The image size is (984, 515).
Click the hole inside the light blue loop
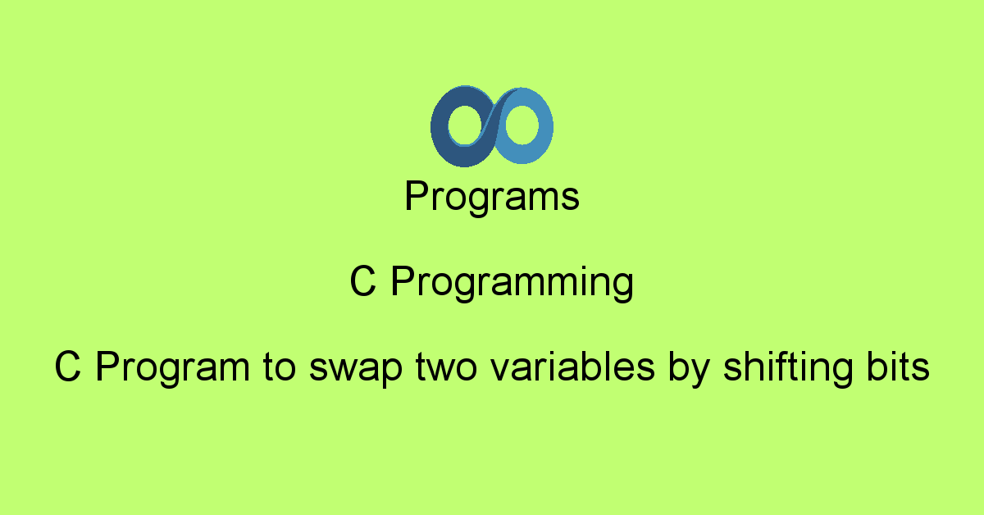point(522,128)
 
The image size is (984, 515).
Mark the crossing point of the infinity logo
point(492,127)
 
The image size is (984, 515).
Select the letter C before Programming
point(363,283)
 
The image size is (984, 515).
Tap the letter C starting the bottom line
point(67,368)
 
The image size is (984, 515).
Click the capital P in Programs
point(415,197)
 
